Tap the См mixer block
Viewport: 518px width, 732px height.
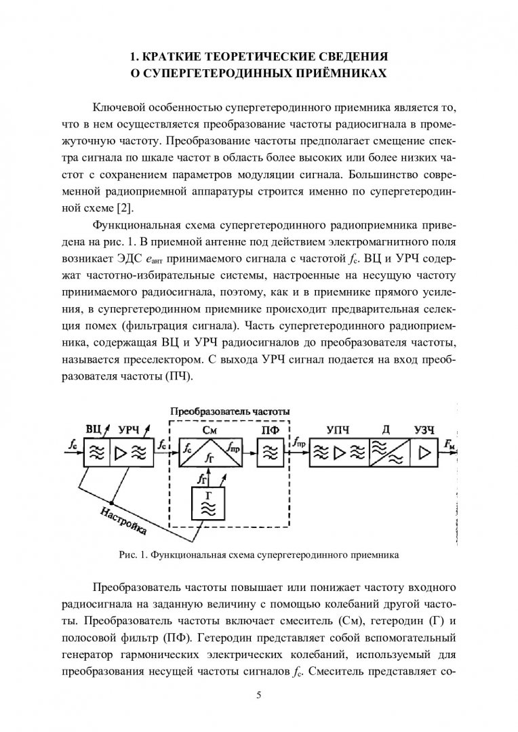pyautogui.click(x=211, y=453)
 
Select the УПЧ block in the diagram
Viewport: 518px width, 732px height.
pyautogui.click(x=339, y=453)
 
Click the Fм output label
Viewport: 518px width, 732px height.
pyautogui.click(x=450, y=444)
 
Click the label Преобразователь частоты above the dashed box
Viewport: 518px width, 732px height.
pyautogui.click(x=230, y=411)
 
